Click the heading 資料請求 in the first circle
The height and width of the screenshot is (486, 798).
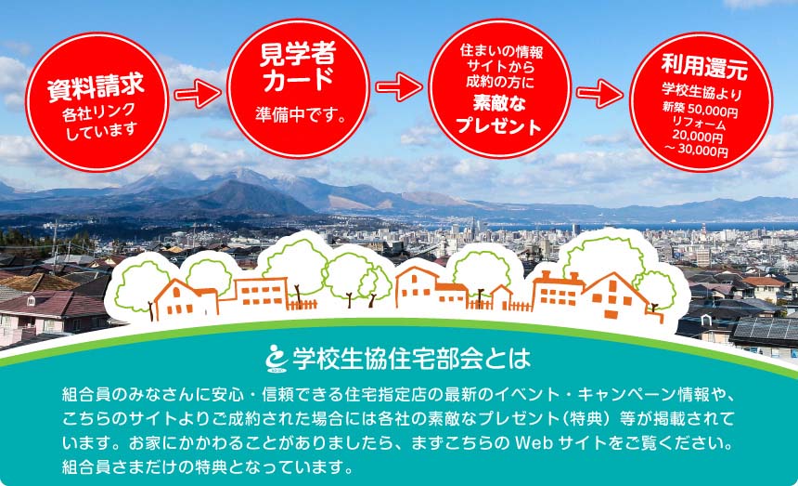click(97, 87)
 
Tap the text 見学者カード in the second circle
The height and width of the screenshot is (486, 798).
click(298, 67)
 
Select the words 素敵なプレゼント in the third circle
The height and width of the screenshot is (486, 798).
click(499, 114)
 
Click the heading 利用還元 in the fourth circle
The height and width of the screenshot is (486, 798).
click(704, 66)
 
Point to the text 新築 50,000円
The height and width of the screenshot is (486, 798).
click(701, 109)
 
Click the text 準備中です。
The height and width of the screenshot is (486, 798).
click(302, 114)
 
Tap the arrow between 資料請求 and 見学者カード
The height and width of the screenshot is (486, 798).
click(198, 94)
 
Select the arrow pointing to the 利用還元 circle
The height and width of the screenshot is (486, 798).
click(599, 93)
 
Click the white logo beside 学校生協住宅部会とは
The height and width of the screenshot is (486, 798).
click(277, 359)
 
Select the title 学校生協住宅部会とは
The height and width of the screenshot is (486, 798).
click(411, 359)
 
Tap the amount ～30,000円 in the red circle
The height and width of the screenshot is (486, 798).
click(696, 151)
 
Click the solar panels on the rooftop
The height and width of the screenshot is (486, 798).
click(765, 330)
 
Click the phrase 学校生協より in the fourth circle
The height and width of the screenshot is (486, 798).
click(701, 91)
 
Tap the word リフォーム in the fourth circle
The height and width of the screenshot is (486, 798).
click(699, 124)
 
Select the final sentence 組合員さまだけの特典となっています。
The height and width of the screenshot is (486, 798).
click(207, 466)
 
